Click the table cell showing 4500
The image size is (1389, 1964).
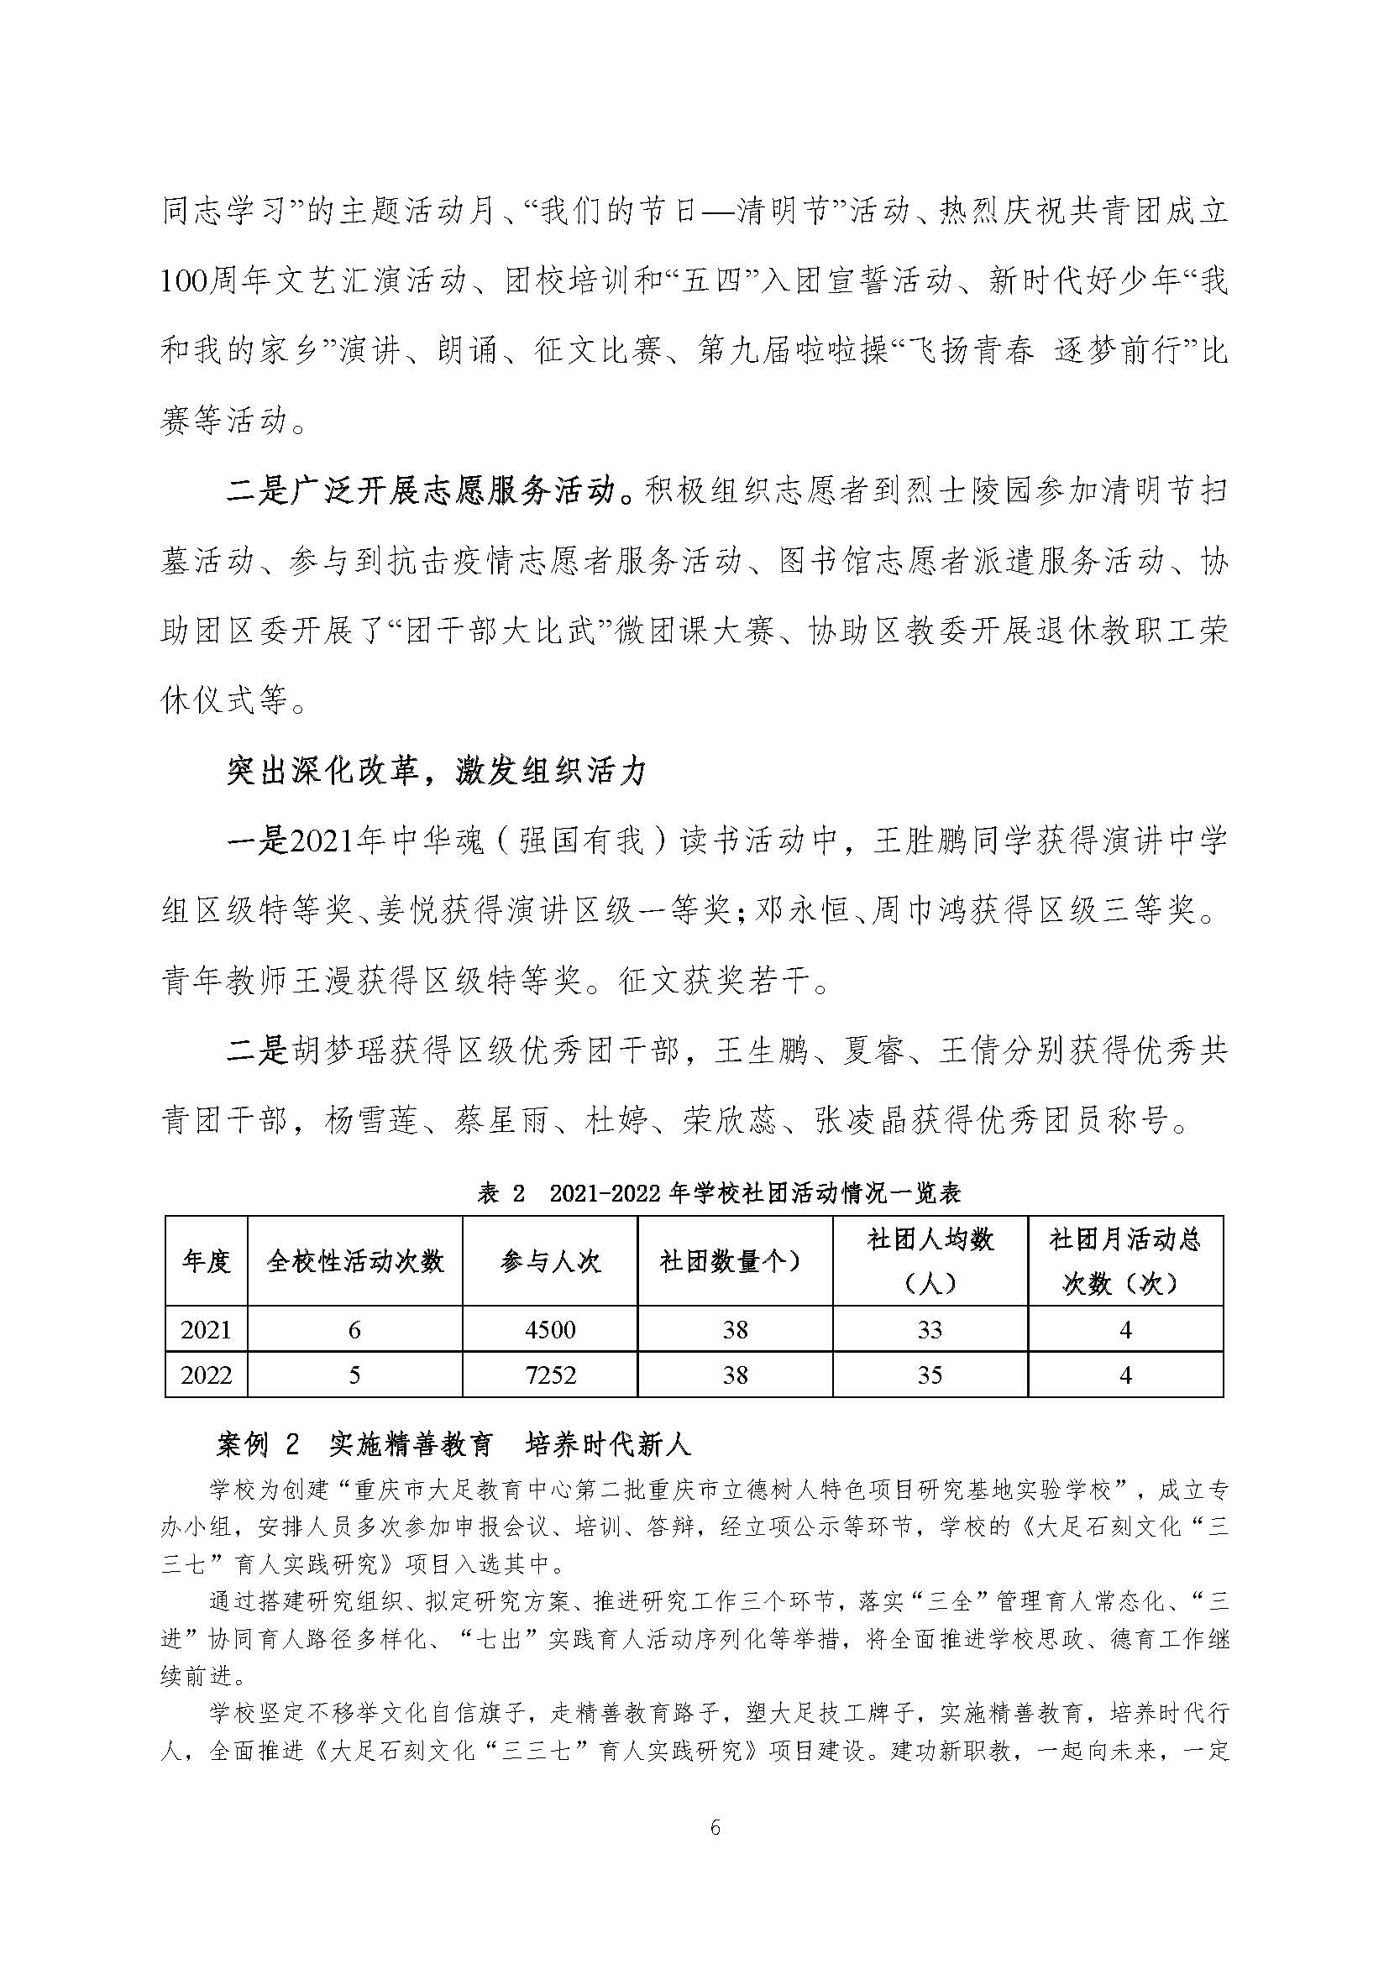(x=550, y=1329)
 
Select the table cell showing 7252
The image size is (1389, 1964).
(x=550, y=1375)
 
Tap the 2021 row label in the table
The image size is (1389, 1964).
(x=206, y=1329)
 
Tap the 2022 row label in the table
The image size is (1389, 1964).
(x=206, y=1375)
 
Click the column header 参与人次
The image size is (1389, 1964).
(x=550, y=1262)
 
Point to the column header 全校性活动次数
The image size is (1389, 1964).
(x=355, y=1262)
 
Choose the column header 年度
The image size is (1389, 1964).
(x=206, y=1262)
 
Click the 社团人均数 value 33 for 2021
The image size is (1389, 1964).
(x=930, y=1329)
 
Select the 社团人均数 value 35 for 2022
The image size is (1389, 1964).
(x=930, y=1375)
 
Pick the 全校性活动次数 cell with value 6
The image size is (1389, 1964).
(x=355, y=1329)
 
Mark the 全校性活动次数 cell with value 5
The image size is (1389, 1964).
(x=355, y=1375)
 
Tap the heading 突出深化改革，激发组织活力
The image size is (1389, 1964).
(x=437, y=772)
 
